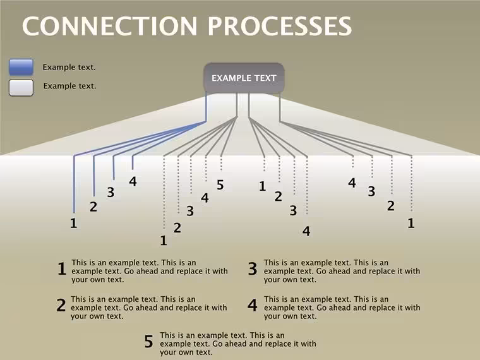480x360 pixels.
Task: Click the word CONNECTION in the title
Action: [110, 26]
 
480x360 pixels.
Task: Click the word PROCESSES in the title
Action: [280, 26]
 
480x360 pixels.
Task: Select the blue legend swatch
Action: [21, 67]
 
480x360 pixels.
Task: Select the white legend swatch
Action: [21, 88]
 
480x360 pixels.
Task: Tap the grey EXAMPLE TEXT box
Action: [244, 78]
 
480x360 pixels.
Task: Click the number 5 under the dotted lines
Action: [220, 185]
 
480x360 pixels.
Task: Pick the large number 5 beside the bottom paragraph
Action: [149, 341]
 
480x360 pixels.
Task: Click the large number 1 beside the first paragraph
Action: [62, 268]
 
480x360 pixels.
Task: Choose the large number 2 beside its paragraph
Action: [61, 305]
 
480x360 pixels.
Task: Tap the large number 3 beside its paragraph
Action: [253, 268]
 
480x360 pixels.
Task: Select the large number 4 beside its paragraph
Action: [253, 305]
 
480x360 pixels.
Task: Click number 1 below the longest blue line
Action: [73, 223]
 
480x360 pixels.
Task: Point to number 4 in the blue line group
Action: [133, 181]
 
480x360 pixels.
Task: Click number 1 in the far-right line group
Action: [411, 223]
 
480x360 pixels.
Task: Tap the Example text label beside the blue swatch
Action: [69, 68]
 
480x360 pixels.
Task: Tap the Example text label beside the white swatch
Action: [70, 86]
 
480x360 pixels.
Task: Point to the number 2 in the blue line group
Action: [93, 207]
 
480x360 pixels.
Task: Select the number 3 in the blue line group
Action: [111, 193]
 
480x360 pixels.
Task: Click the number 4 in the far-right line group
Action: [352, 183]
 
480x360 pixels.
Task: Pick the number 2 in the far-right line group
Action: [390, 206]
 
